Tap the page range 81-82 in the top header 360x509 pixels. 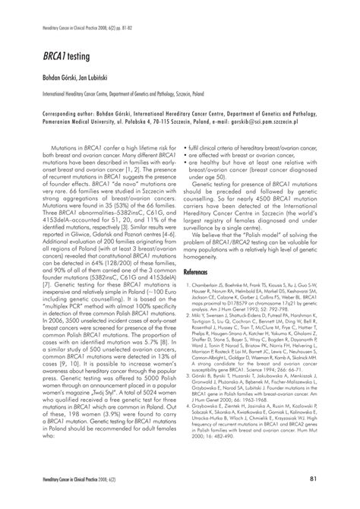point(134,27)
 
